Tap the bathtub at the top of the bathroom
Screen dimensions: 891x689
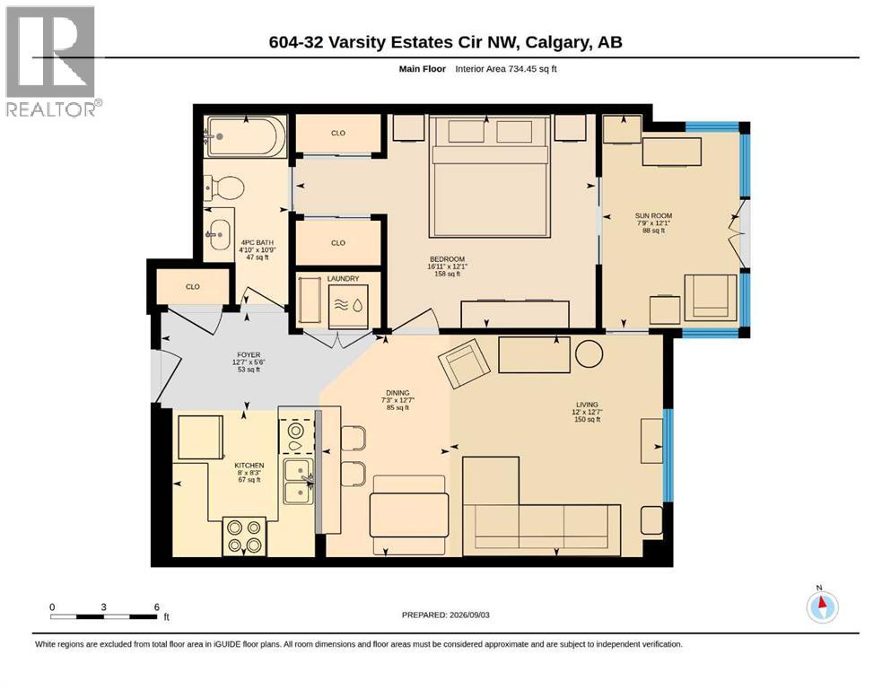point(245,136)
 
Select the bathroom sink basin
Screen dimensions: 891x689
point(219,234)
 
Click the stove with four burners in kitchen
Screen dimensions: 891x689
point(244,536)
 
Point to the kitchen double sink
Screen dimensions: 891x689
point(298,482)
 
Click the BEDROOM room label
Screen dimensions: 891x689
point(447,259)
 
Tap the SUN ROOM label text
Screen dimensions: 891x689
point(653,216)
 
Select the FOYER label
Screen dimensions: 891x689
point(249,355)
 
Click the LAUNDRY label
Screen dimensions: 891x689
point(344,278)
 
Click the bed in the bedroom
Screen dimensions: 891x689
point(490,176)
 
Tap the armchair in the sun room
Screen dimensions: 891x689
point(711,297)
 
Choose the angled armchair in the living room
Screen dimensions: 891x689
point(464,364)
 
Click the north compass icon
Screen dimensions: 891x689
point(822,606)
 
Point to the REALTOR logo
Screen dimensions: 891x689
point(52,61)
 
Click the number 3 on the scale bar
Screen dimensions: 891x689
point(103,607)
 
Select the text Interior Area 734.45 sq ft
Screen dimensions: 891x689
point(506,69)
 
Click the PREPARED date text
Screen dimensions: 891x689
point(445,615)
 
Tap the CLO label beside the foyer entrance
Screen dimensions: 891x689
point(193,287)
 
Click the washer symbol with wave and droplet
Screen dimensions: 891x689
point(348,306)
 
